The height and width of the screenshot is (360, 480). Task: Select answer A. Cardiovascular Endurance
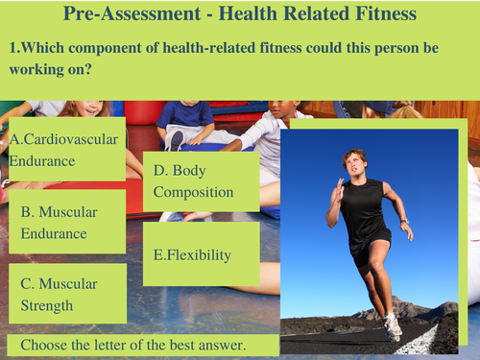click(x=64, y=150)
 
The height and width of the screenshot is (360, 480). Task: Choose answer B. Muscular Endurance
click(x=54, y=222)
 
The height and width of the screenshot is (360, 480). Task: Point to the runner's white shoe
click(x=393, y=326)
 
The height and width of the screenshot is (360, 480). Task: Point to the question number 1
click(x=12, y=47)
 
